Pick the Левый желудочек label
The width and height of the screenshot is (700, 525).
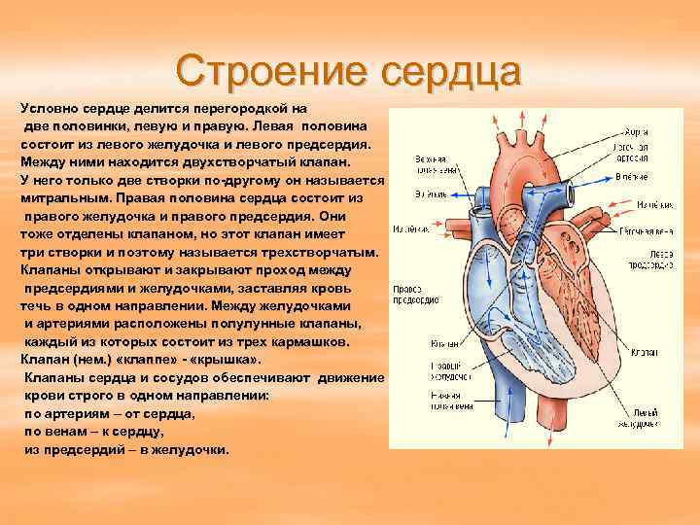[x=647, y=417]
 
